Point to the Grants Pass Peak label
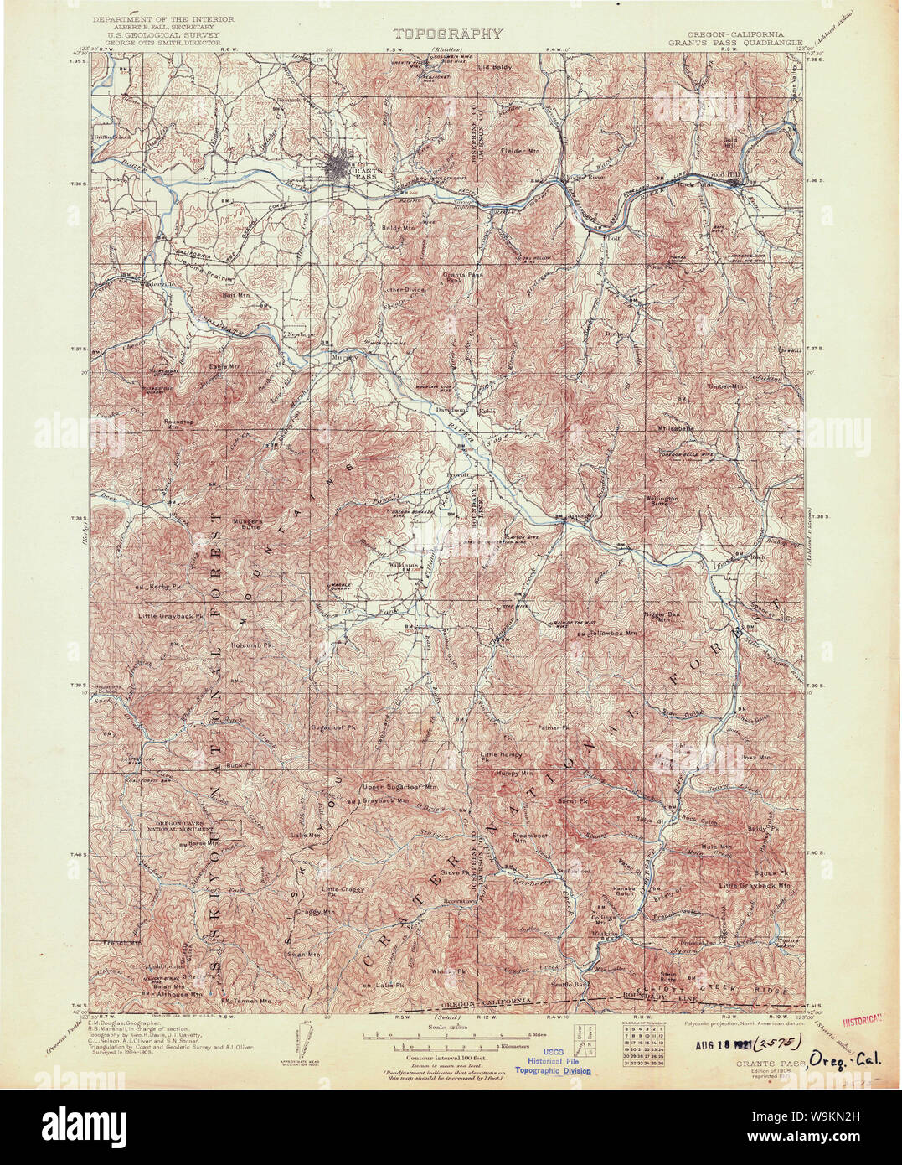[453, 277]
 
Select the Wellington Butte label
[660, 502]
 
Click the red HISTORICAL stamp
[871, 1021]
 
